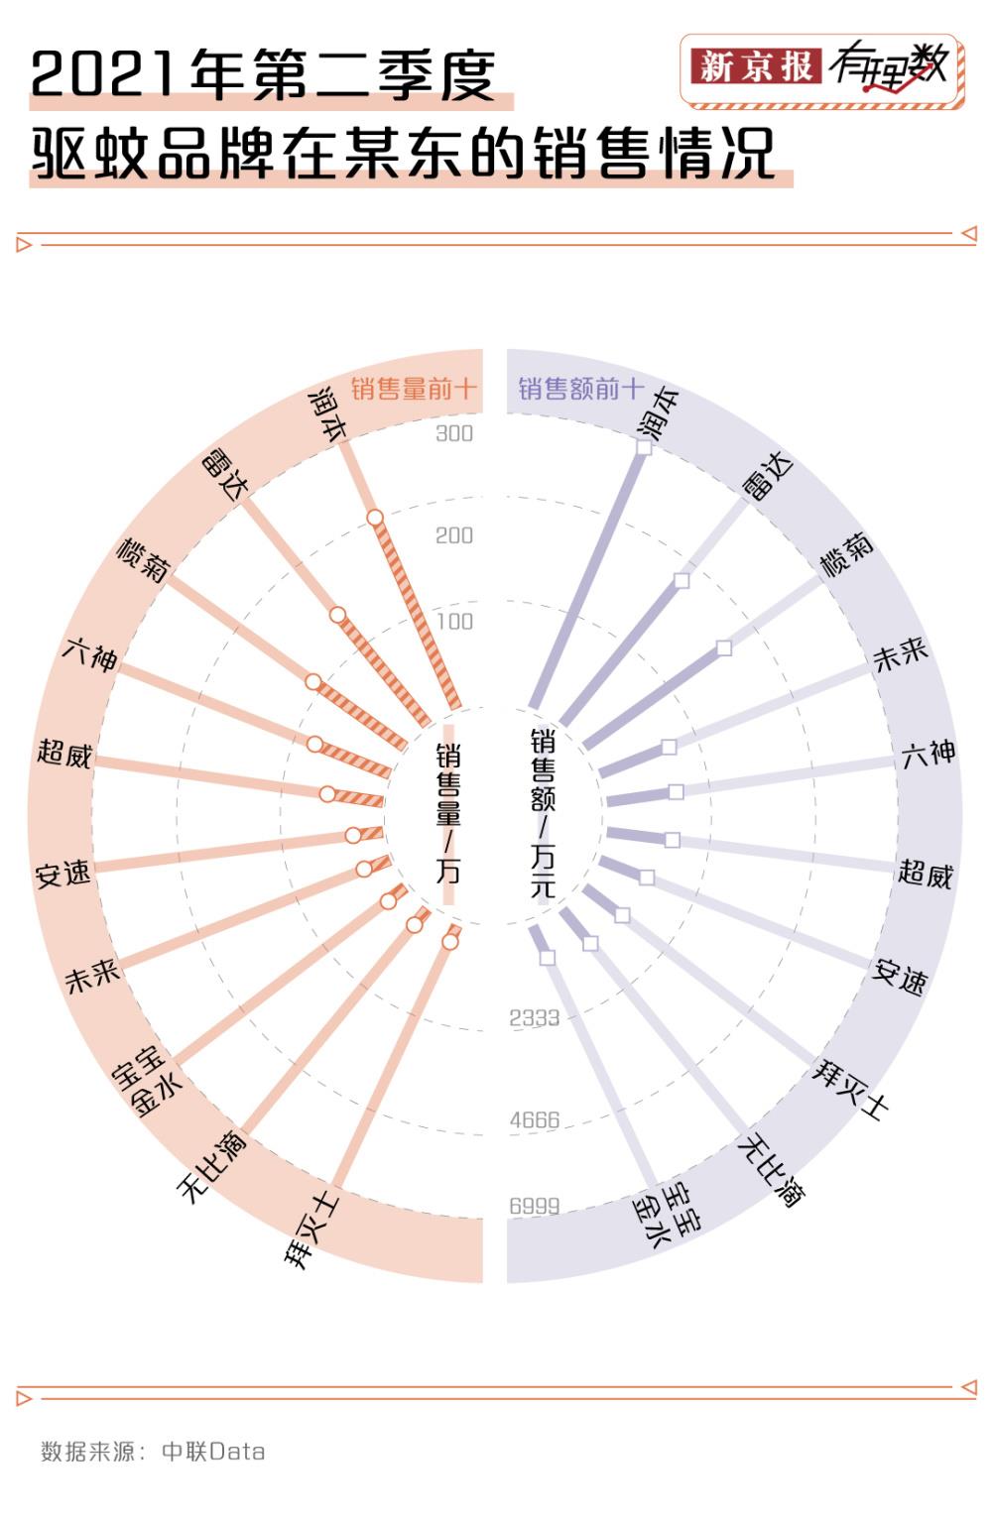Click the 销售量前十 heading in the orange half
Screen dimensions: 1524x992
pos(414,389)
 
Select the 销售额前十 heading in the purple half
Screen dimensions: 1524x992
pos(581,389)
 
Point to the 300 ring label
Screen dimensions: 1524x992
pos(454,433)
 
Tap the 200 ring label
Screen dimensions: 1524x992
pos(454,535)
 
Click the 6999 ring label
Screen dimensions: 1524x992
pos(535,1206)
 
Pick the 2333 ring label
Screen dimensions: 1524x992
pos(535,1017)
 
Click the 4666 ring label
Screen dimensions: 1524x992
pos(535,1120)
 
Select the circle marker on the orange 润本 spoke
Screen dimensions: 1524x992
pos(375,518)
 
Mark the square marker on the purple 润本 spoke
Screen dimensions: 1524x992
pos(644,448)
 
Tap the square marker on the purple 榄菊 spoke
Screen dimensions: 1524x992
pos(724,648)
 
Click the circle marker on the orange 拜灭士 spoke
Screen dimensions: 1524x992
pos(449,942)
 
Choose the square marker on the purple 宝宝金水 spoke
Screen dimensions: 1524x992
pos(548,957)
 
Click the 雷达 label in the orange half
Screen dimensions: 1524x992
pos(227,473)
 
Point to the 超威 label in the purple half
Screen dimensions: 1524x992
pos(926,874)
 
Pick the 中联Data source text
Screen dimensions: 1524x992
pos(213,1452)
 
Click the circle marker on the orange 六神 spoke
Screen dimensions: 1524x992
pos(314,744)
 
